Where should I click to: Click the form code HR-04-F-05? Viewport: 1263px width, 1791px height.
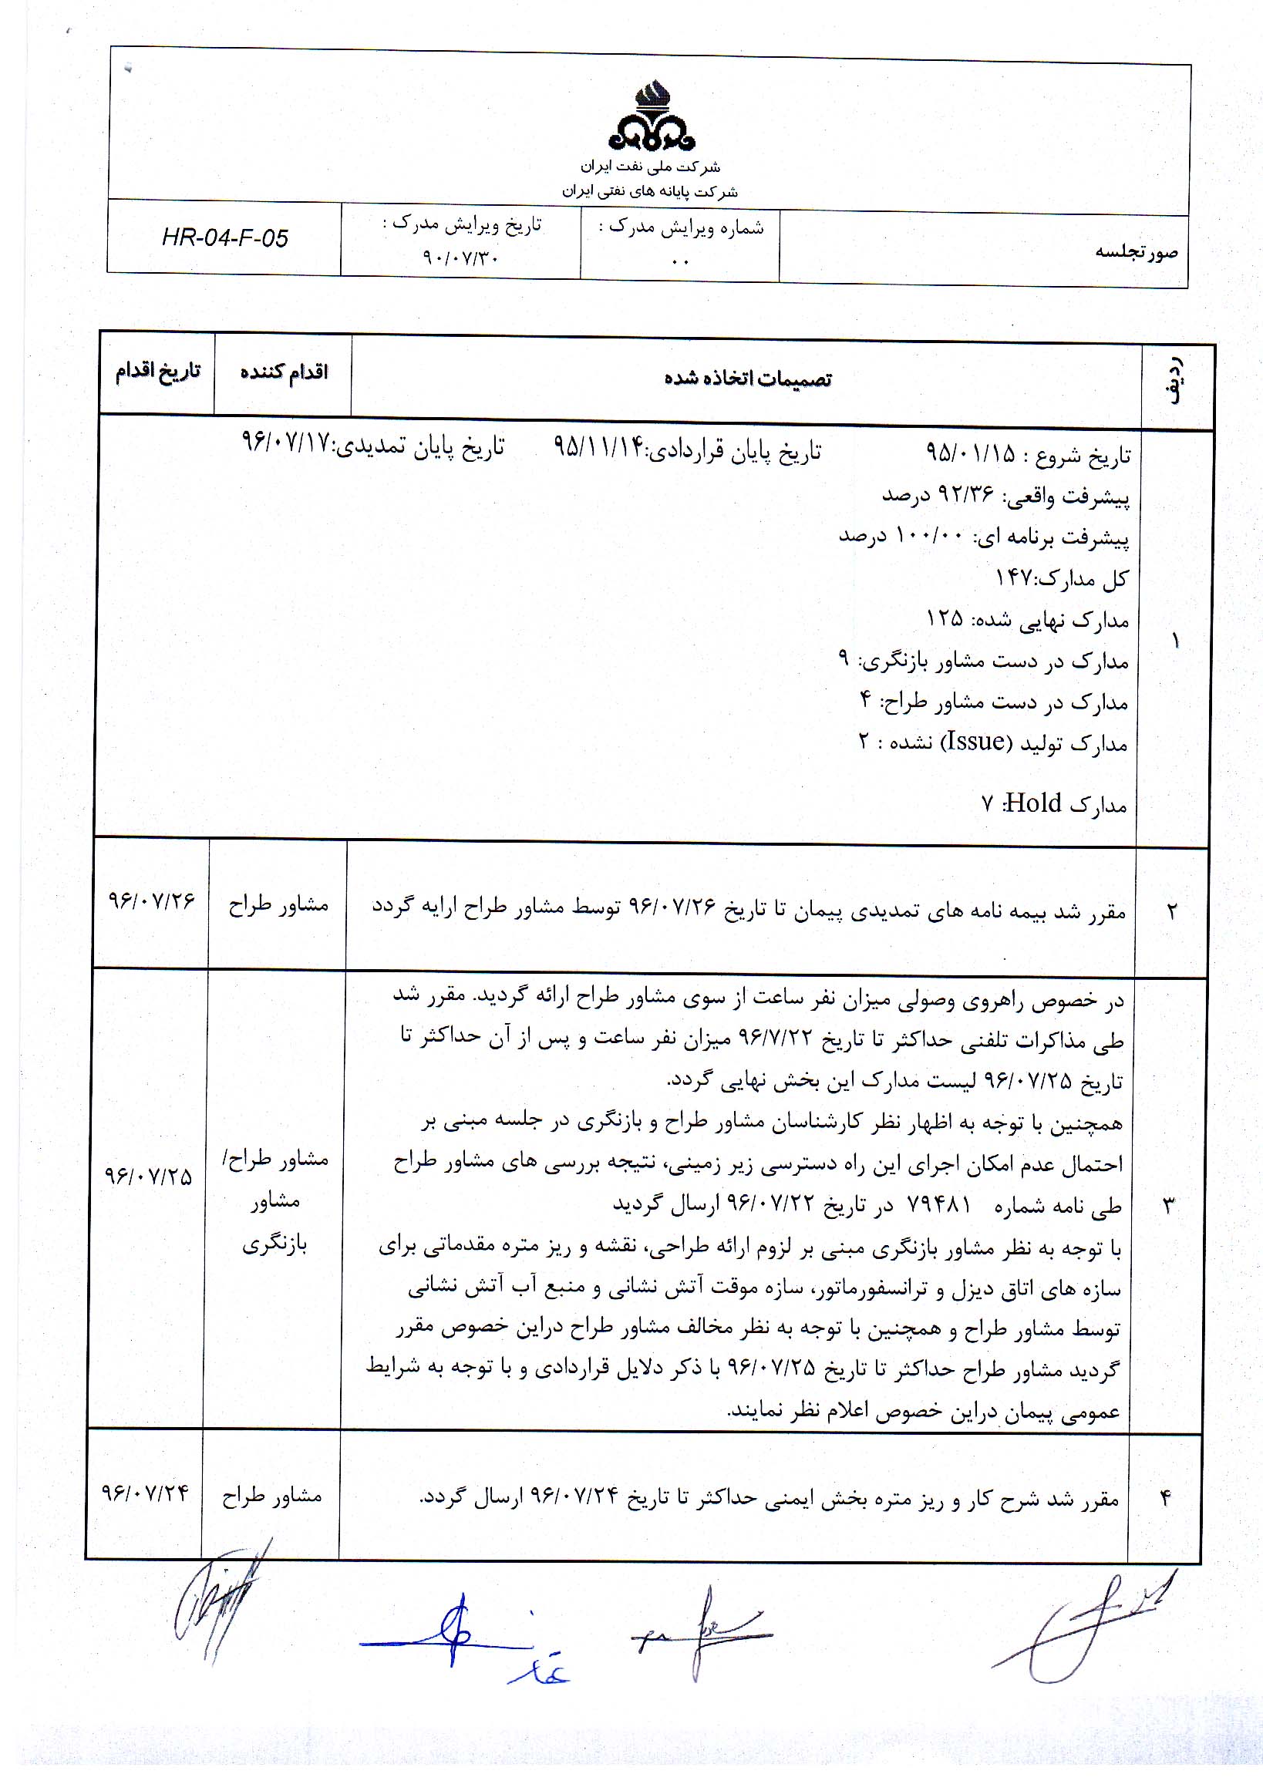pos(224,238)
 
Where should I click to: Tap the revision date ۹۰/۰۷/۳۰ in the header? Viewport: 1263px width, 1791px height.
pos(460,257)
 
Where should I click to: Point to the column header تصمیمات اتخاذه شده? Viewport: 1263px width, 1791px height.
pos(747,379)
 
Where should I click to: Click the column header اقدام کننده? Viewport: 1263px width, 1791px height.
pos(283,372)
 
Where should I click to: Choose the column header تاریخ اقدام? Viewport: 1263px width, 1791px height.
pos(157,371)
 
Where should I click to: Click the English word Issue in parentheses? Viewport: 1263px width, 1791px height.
pos(975,740)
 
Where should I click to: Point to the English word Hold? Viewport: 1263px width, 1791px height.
pos(1032,803)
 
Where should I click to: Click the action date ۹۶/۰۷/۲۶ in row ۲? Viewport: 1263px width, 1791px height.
pos(151,901)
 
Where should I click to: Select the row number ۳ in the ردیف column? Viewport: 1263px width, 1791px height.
pos(1169,1206)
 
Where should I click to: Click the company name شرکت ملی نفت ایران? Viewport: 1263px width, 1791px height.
pos(650,167)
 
